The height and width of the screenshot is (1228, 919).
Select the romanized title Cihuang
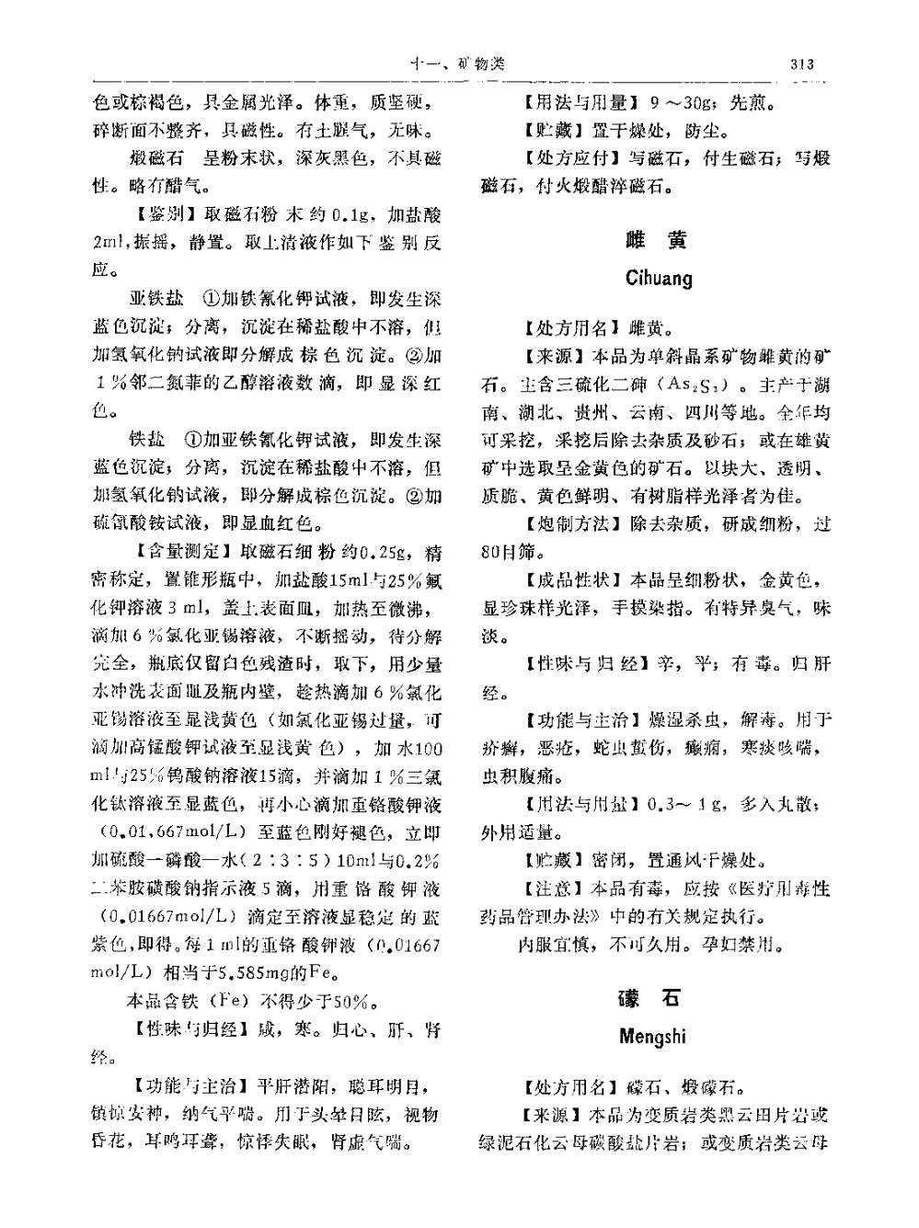(658, 278)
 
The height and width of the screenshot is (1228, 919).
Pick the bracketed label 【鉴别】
(162, 217)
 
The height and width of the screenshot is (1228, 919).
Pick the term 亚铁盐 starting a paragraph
(157, 299)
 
